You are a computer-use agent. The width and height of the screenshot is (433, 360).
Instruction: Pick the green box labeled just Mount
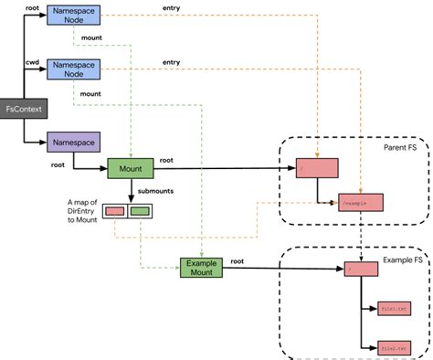(133, 169)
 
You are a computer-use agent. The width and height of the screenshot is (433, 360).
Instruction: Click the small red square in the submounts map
(115, 211)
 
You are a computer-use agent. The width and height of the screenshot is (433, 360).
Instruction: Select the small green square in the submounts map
(140, 211)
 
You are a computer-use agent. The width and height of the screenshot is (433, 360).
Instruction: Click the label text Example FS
(401, 261)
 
